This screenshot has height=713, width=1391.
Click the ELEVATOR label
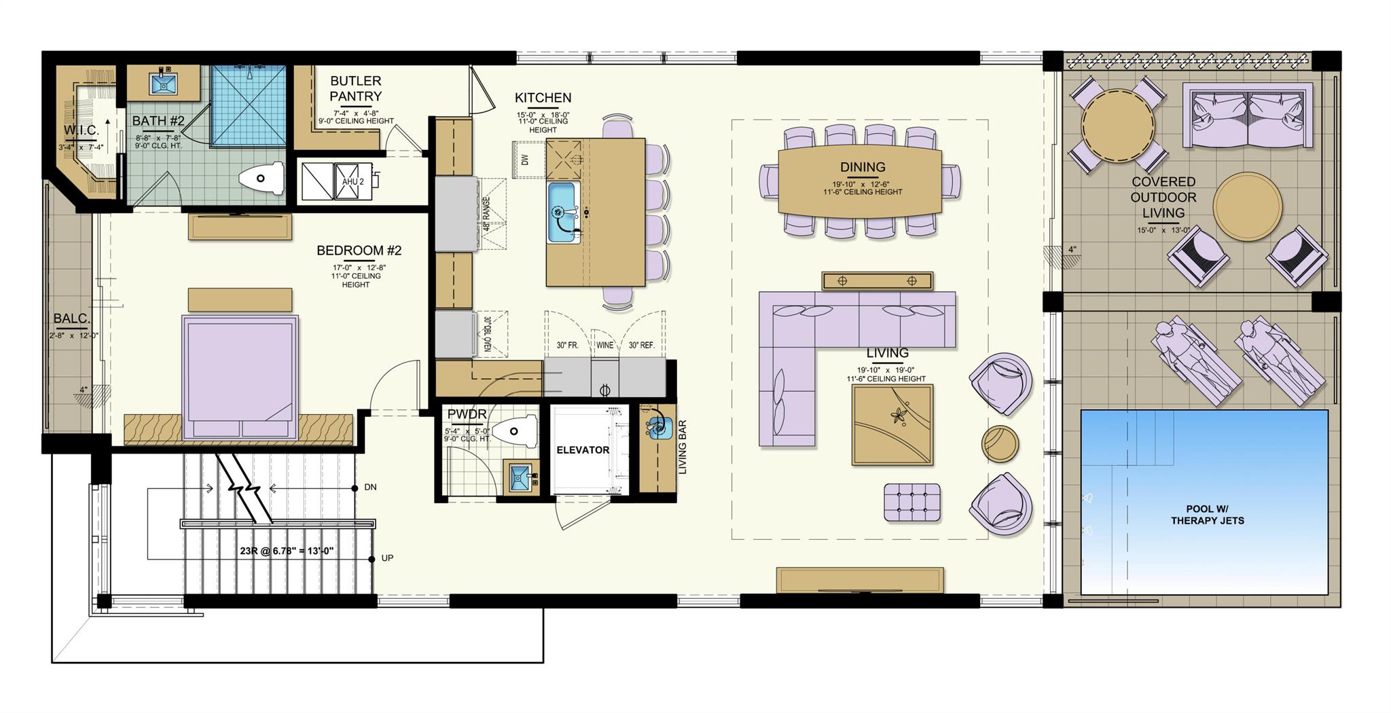point(583,450)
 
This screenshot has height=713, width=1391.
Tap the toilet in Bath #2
point(261,179)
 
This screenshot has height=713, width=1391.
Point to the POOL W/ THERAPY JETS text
point(1207,515)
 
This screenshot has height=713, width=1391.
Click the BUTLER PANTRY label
point(355,89)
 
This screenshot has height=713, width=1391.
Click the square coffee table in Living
point(892,424)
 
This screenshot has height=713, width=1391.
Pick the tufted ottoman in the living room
point(912,502)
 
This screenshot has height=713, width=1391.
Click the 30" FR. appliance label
point(567,345)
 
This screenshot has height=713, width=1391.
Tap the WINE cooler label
point(604,345)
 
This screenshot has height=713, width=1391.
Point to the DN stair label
point(370,488)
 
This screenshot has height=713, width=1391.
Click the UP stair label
point(387,558)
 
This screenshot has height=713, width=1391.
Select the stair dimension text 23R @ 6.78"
point(286,551)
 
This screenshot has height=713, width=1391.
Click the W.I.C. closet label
point(82,130)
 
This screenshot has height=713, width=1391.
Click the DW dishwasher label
point(524,160)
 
